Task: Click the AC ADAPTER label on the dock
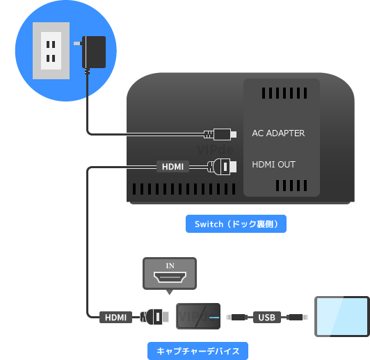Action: [x=278, y=133]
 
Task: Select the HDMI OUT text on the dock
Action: [x=273, y=165]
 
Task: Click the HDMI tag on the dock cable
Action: [x=172, y=167]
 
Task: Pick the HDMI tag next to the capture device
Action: [x=115, y=317]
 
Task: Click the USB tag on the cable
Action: [x=266, y=318]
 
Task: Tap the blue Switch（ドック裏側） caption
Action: [x=236, y=224]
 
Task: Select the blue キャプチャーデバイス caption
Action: [x=198, y=351]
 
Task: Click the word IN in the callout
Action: [x=170, y=266]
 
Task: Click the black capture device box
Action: [x=199, y=317]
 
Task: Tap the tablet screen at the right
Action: [x=341, y=316]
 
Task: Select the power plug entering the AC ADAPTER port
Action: [x=220, y=133]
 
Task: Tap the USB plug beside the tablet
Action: [x=296, y=318]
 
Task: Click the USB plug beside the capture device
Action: [x=237, y=318]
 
